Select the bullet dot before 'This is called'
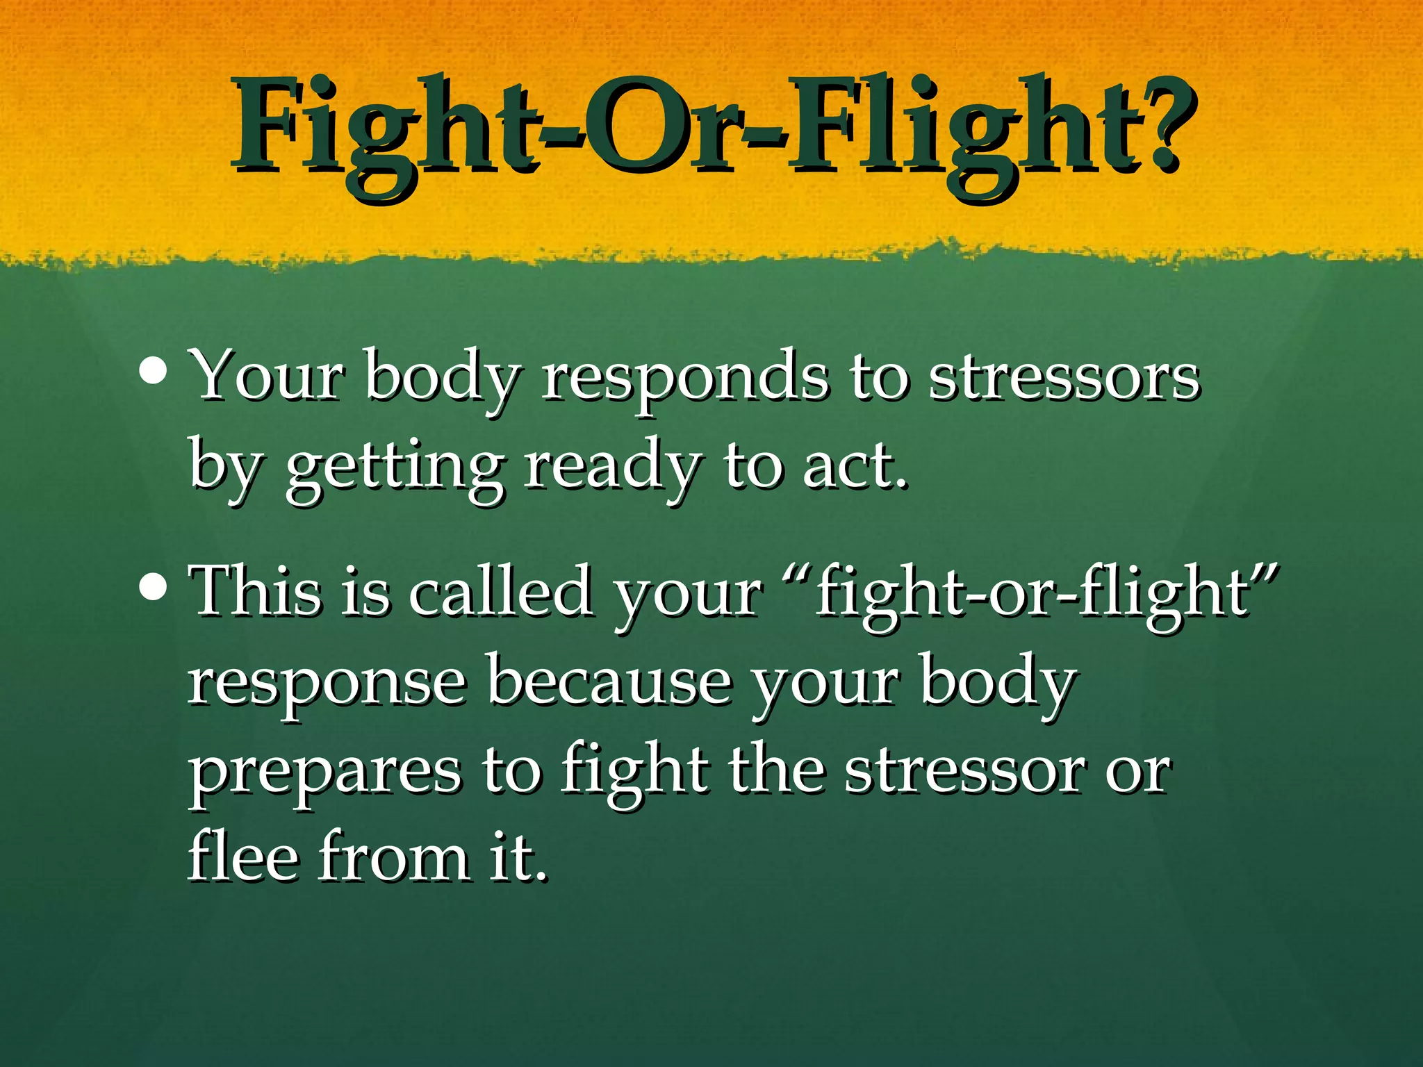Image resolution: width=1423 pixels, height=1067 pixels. coord(152,587)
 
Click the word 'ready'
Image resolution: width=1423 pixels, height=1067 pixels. coord(609,469)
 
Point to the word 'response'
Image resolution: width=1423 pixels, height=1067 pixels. coord(327,684)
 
